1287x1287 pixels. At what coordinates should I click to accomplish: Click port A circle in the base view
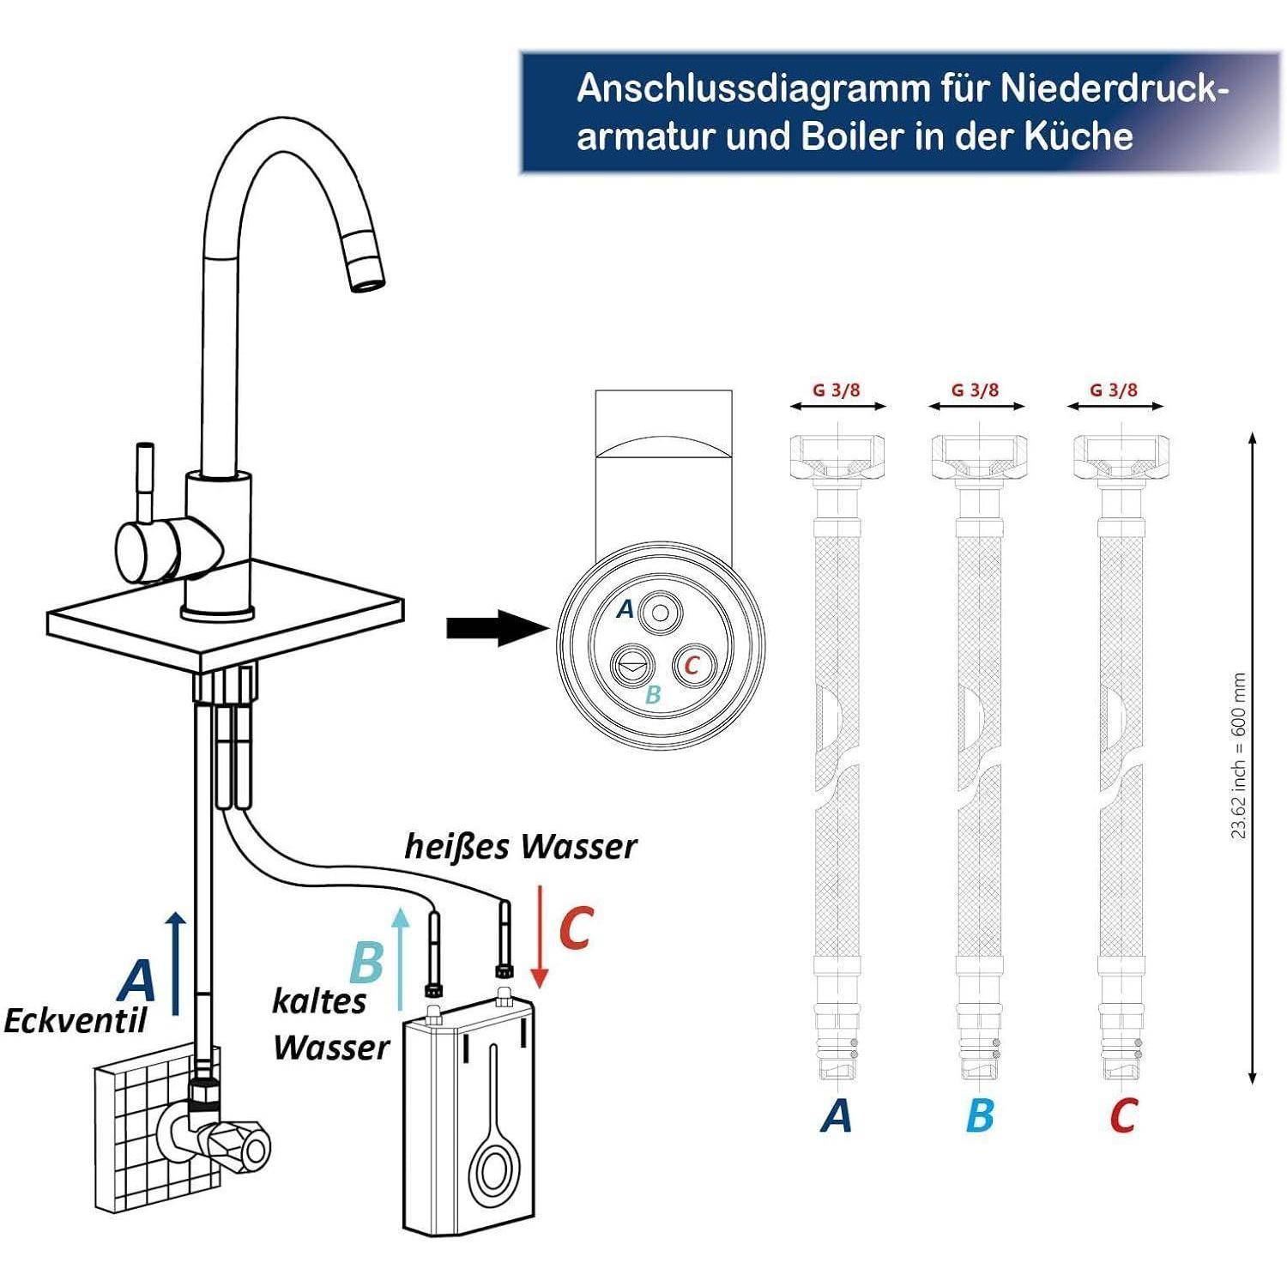pyautogui.click(x=660, y=613)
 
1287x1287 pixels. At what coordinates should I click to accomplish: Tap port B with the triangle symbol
pyautogui.click(x=630, y=665)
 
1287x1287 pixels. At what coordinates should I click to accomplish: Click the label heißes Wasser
pyautogui.click(x=520, y=847)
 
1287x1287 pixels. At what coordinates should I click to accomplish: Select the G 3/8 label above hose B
pyautogui.click(x=976, y=390)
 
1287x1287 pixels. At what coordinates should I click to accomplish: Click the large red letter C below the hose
pyautogui.click(x=1122, y=1116)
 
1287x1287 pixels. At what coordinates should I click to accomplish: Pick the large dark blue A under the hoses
pyautogui.click(x=836, y=1116)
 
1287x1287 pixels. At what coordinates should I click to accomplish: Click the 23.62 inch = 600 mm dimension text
pyautogui.click(x=1238, y=755)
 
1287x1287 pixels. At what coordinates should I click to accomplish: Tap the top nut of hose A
pyautogui.click(x=836, y=456)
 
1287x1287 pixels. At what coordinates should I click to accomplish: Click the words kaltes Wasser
pyautogui.click(x=330, y=1024)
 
